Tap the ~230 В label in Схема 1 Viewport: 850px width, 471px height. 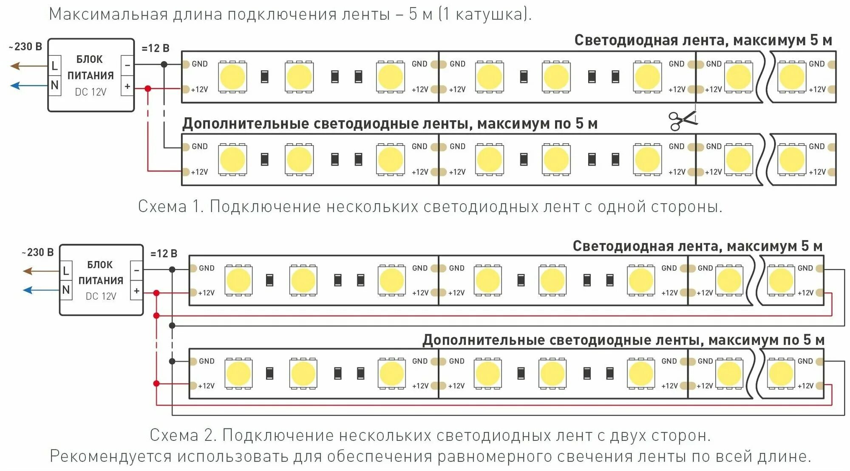tap(26, 47)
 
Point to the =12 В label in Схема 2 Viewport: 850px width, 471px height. tap(164, 254)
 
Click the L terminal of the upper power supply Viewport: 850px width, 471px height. tap(54, 66)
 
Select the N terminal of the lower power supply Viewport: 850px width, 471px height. tap(66, 290)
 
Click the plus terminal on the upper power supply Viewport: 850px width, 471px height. tap(127, 86)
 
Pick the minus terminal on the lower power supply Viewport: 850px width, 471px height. tap(136, 270)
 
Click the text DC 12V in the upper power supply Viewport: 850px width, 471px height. tap(91, 92)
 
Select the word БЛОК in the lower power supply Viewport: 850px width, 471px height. tap(100, 265)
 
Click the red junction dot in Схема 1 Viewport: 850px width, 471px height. tap(147, 88)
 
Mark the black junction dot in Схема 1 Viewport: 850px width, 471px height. tap(164, 65)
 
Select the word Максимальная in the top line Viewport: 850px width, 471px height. tap(108, 14)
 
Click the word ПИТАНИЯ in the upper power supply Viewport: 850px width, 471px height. tap(91, 76)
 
